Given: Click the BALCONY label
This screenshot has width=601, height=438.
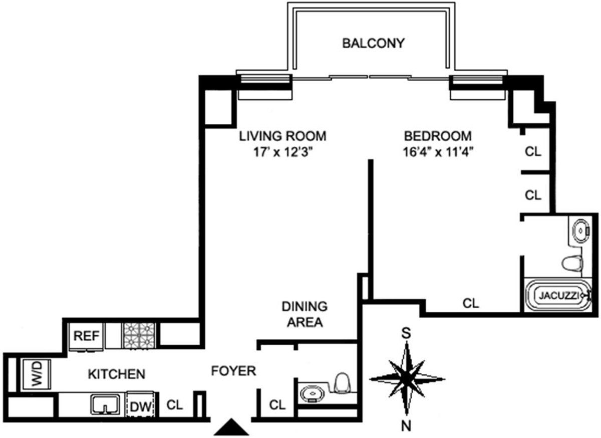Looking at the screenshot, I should point(373,44).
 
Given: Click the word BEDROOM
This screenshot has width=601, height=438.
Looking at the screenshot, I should point(438,136).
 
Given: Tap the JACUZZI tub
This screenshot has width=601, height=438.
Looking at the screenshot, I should point(559,295).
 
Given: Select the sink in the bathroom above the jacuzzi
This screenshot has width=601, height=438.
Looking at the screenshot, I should point(581,231).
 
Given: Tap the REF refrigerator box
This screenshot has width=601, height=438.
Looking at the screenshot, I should point(89,335).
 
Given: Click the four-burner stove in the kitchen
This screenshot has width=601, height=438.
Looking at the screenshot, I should point(139,335).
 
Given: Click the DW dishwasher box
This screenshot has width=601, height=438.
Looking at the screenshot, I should point(140,404).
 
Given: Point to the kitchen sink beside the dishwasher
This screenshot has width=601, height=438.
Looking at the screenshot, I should point(105,403).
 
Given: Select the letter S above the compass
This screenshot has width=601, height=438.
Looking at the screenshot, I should point(407,332).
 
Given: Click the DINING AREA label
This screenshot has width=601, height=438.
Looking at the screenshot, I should point(304,314).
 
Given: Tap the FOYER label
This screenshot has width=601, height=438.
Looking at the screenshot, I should point(233,371).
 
